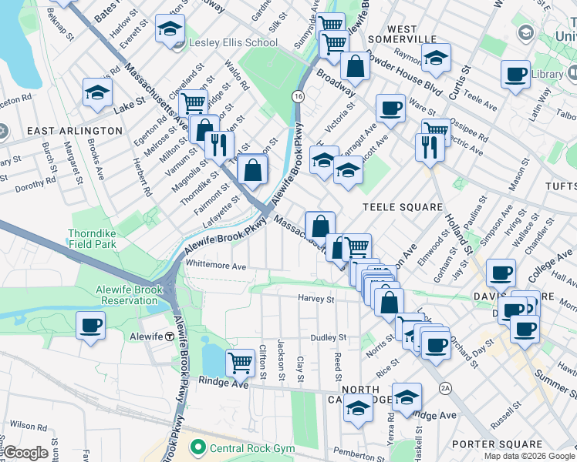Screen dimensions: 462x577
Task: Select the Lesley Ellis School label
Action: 228,42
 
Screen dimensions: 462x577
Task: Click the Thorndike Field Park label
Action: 101,239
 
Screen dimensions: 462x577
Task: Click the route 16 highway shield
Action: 298,96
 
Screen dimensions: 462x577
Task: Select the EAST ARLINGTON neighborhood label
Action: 75,131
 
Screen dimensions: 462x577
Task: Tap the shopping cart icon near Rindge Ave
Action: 241,361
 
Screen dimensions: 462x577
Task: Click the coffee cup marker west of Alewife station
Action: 90,325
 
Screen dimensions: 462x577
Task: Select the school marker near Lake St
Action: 98,92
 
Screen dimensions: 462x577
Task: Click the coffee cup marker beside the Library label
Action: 515,75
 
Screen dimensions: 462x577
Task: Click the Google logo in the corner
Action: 26,453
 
